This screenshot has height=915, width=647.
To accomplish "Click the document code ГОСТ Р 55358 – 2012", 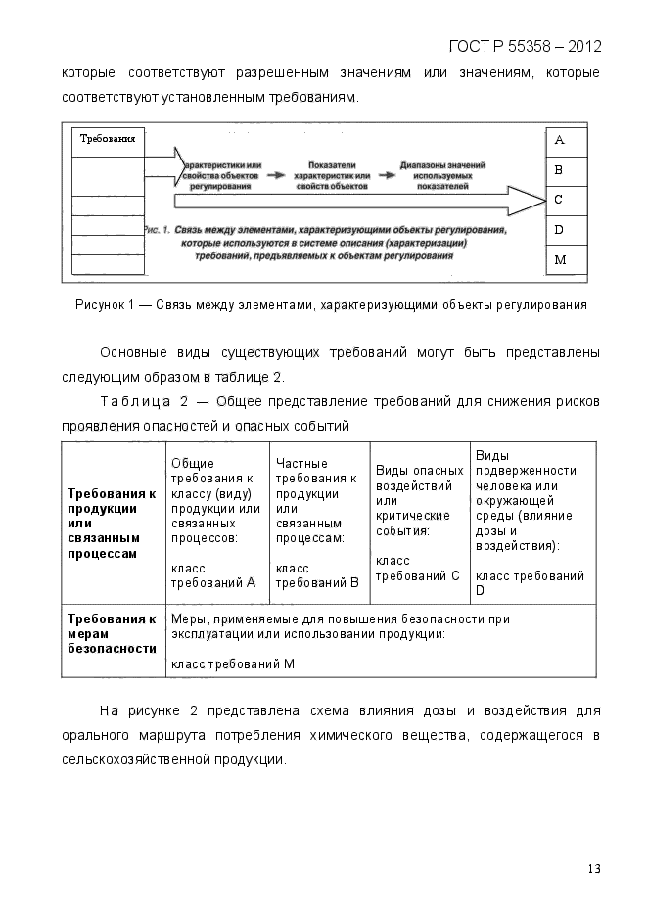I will click(524, 47).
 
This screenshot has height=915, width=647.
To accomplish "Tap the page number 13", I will click(593, 868).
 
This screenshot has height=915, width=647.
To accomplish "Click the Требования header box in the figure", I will click(108, 140).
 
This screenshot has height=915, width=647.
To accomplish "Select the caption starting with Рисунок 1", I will click(331, 305).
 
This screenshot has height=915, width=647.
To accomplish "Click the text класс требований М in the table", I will click(233, 664).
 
